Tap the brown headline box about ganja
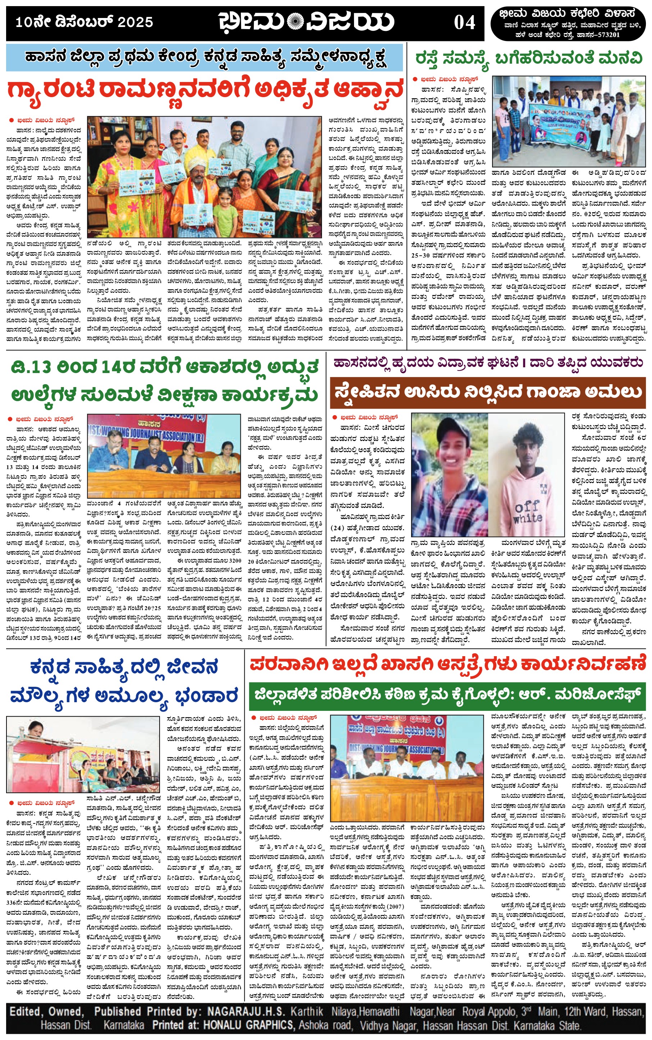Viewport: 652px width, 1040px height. [x=488, y=392]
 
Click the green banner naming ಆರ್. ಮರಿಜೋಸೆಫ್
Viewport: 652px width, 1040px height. [x=447, y=695]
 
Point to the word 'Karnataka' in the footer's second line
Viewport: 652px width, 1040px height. [x=124, y=1025]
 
